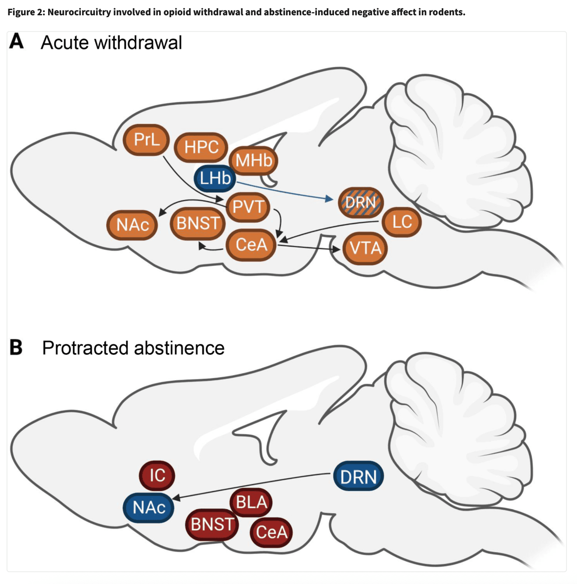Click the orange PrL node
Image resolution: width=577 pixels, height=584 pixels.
click(x=146, y=140)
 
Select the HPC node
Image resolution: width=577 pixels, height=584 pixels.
click(x=201, y=147)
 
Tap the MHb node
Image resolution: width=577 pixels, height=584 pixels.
click(x=254, y=161)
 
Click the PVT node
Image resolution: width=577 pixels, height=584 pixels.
click(x=248, y=206)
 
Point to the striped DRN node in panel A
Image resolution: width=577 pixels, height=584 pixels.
click(x=361, y=202)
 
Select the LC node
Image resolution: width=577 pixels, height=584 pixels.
click(x=402, y=222)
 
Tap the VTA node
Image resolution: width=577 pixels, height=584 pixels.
click(x=365, y=248)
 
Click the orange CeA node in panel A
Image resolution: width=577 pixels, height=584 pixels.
click(x=251, y=245)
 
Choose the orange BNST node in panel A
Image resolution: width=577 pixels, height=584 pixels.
click(x=198, y=223)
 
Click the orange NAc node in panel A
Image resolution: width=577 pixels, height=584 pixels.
click(x=132, y=225)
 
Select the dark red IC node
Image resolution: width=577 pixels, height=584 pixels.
click(x=157, y=475)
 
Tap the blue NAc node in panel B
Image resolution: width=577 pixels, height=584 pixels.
click(x=149, y=508)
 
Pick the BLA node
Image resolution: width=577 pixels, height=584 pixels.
click(x=251, y=502)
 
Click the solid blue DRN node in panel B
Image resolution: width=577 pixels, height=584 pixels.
click(x=358, y=476)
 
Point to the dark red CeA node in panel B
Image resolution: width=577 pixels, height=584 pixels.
click(x=271, y=532)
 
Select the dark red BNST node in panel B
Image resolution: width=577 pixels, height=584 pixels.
click(x=212, y=524)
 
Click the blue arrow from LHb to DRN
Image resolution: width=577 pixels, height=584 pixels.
click(x=284, y=191)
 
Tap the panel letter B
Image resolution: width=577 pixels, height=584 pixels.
click(x=16, y=348)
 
